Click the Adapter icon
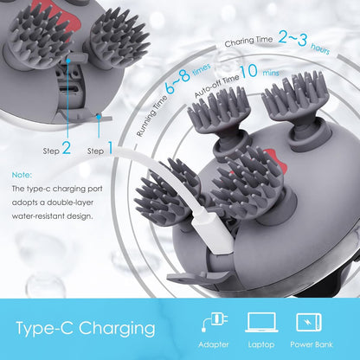tap(215, 322)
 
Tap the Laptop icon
tap(261, 322)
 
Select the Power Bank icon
tap(309, 322)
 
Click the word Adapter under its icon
tap(214, 344)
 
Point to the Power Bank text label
tap(312, 344)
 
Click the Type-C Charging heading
tap(86, 329)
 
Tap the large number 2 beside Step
tap(67, 148)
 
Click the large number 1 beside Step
tap(110, 148)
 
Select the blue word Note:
tap(22, 175)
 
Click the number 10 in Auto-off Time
tap(248, 71)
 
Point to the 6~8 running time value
tap(178, 80)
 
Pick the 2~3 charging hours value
tap(292, 38)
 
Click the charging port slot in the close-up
tap(67, 89)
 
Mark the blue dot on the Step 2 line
tap(68, 61)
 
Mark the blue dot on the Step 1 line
tap(99, 117)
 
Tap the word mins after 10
tap(271, 73)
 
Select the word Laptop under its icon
tap(261, 344)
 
